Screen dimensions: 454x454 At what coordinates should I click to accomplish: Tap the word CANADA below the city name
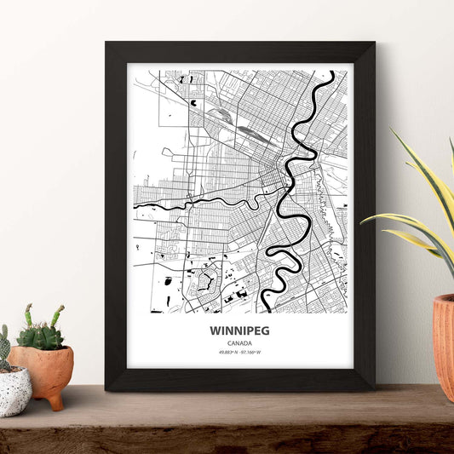[x=240, y=342]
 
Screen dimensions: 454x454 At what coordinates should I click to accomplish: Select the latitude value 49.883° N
[x=227, y=352]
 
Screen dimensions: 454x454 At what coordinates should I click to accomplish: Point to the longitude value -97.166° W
[x=251, y=352]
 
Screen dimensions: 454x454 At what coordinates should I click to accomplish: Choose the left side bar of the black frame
[x=116, y=213]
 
